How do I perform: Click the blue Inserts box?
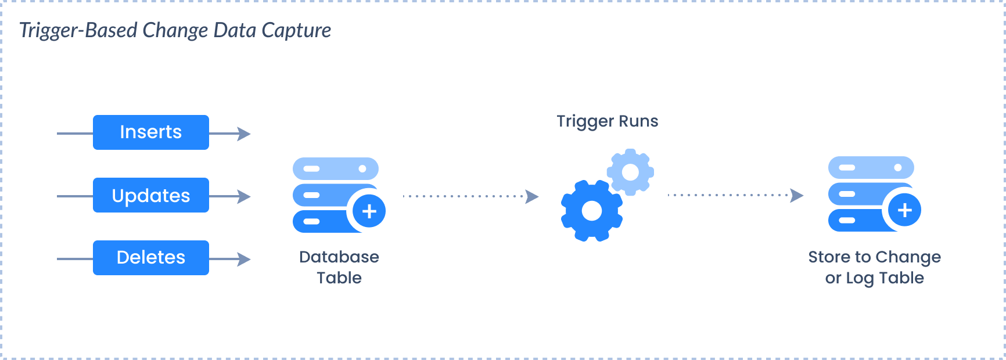[150, 132]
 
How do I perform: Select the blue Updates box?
[150, 196]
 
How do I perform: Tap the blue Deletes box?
[150, 258]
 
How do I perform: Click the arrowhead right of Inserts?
[245, 134]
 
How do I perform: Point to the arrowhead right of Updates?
[245, 197]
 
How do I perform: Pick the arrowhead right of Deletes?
[245, 260]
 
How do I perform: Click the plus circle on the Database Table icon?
[369, 211]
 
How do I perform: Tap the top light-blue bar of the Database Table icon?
[335, 169]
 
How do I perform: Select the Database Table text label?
[339, 267]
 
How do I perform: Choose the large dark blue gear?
[591, 211]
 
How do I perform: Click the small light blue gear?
[630, 172]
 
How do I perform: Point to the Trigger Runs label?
[607, 121]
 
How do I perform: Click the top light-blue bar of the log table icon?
[871, 168]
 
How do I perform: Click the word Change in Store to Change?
[908, 257]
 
